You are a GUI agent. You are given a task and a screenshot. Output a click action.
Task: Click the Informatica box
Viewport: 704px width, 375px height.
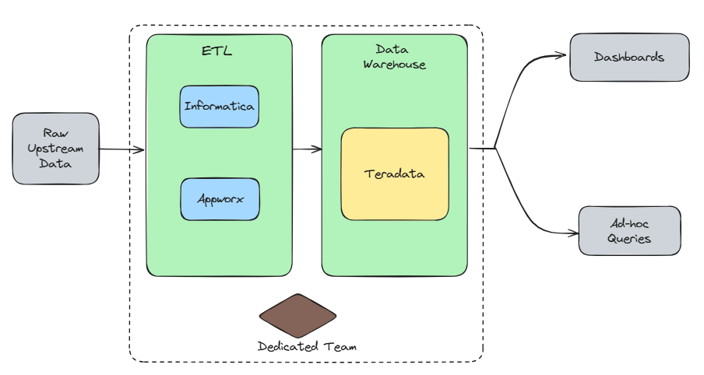tap(219, 107)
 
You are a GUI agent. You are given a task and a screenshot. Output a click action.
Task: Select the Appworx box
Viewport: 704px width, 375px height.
tap(219, 199)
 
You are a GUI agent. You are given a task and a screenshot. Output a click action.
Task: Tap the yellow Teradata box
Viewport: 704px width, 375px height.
tap(394, 174)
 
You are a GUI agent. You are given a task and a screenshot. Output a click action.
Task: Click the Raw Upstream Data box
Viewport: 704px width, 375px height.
tap(56, 149)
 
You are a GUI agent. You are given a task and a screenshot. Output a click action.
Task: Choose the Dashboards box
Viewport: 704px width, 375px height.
tap(629, 57)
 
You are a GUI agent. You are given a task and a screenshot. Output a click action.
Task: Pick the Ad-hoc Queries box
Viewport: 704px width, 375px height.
tap(629, 231)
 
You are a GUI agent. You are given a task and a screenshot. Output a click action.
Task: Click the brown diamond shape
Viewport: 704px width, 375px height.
tap(297, 316)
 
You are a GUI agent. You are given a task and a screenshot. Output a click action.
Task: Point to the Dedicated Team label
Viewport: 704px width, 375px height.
tap(307, 346)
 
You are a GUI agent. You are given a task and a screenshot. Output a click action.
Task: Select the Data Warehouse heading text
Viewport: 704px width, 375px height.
tap(394, 58)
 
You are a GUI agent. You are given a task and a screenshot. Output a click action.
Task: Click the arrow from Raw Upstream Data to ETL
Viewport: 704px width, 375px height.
tap(121, 149)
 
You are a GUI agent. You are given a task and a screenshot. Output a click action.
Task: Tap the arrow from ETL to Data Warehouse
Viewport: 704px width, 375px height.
tap(307, 149)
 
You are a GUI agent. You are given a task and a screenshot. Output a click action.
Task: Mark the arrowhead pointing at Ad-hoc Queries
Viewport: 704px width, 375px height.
tap(572, 233)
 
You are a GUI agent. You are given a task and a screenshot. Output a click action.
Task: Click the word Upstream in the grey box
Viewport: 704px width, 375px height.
tap(56, 149)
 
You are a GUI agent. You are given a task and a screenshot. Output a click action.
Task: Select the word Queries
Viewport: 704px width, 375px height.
tap(629, 239)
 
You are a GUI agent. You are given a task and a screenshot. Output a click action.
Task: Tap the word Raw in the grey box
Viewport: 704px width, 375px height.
tap(56, 134)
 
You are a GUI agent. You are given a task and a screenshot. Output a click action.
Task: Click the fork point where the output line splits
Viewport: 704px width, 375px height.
tap(495, 148)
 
